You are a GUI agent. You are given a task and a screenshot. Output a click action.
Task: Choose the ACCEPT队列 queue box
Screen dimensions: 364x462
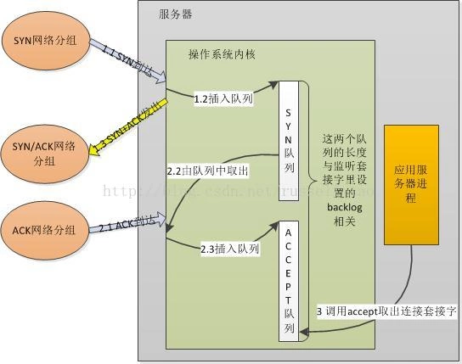click(x=289, y=281)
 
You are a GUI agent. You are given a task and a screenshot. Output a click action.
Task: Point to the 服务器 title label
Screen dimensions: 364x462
click(x=175, y=14)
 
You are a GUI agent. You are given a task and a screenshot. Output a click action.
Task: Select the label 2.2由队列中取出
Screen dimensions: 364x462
click(x=208, y=171)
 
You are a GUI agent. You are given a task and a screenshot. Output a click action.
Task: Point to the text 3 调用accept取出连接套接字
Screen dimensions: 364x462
click(x=386, y=311)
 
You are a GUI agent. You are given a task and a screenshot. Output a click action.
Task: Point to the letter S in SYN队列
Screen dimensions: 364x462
click(x=289, y=111)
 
